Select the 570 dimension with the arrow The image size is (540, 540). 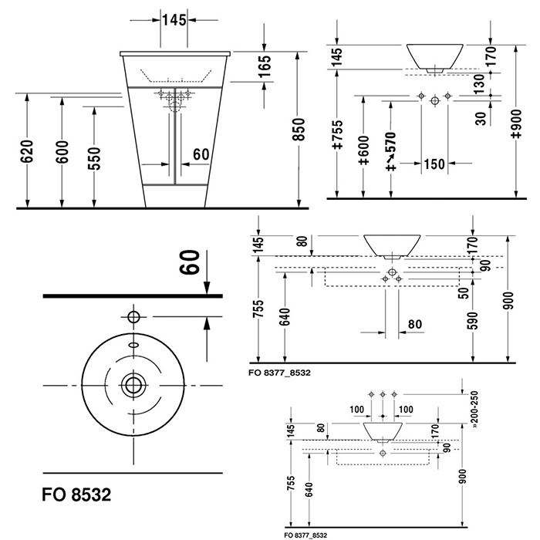(x=390, y=150)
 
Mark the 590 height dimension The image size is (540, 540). (x=473, y=319)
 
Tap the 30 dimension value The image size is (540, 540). (x=479, y=118)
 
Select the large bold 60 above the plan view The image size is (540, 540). (x=193, y=267)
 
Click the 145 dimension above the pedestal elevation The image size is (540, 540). (x=174, y=20)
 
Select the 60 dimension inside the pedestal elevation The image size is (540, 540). (x=200, y=154)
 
